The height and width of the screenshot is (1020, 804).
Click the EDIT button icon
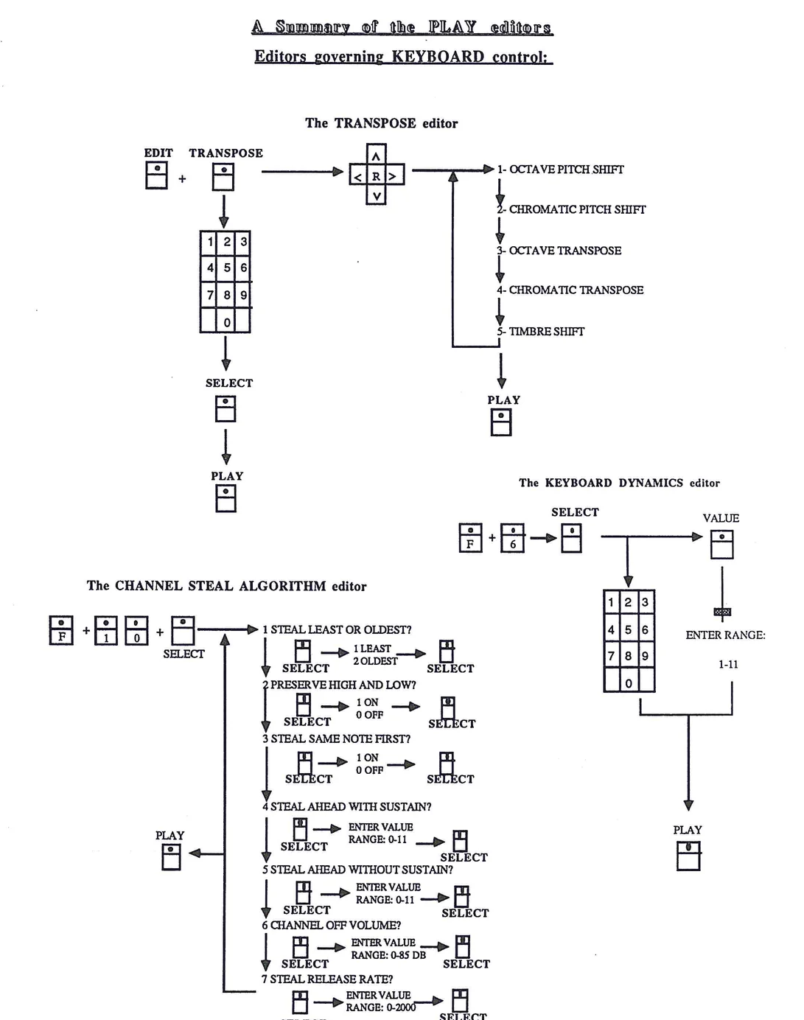[x=156, y=176]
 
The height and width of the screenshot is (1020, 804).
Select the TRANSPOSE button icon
[x=223, y=177]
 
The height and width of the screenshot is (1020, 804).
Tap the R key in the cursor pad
[x=376, y=176]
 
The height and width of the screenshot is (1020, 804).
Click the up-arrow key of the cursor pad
[x=376, y=156]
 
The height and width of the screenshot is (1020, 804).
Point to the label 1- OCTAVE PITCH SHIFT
[x=560, y=170]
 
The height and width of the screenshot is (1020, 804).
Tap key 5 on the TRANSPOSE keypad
[x=226, y=268]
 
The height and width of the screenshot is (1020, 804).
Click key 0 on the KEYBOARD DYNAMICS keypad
[x=628, y=682]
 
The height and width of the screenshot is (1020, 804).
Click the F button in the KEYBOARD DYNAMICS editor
[x=470, y=538]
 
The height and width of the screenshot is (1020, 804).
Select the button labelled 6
[x=513, y=538]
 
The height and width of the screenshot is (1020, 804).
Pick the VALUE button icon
[x=721, y=545]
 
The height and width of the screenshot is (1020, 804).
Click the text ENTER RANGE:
[x=725, y=635]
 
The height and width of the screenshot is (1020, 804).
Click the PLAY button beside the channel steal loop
[x=171, y=856]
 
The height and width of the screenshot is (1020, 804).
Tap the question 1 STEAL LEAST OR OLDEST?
[x=338, y=630]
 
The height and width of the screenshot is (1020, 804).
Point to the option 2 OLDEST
[x=375, y=661]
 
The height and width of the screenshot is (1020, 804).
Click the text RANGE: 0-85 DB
[x=388, y=955]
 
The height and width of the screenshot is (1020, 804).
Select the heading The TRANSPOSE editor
[x=381, y=124]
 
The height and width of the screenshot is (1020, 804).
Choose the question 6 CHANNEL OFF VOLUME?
[x=332, y=926]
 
